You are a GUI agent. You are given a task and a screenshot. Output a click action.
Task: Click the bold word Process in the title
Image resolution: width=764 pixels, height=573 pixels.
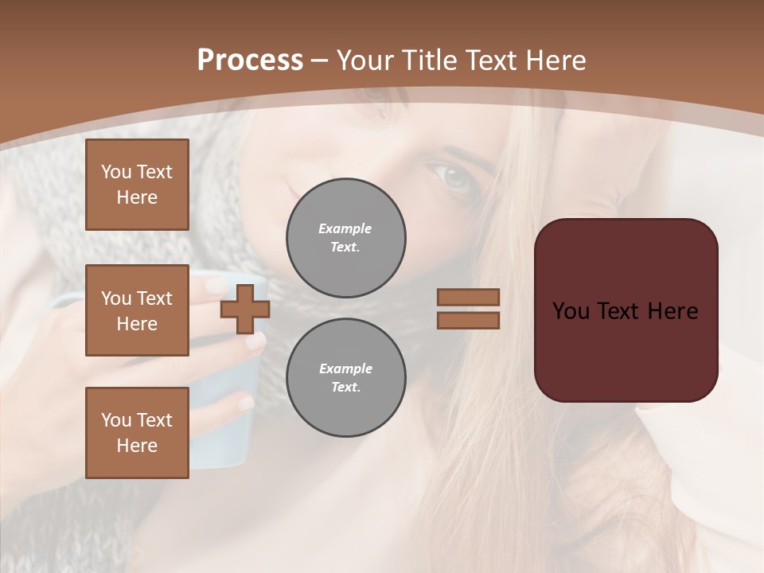[250, 60]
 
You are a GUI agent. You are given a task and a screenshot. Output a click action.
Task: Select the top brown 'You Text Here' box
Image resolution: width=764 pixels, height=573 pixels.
[137, 185]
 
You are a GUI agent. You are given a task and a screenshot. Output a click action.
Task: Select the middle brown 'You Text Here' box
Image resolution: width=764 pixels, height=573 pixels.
[137, 310]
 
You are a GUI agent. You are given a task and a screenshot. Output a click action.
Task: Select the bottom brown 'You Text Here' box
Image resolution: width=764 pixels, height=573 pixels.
[137, 433]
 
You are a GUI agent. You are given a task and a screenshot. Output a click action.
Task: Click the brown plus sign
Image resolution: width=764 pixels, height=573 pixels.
[245, 309]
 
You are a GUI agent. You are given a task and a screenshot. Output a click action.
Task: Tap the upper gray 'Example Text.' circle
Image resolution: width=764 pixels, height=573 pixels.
[346, 238]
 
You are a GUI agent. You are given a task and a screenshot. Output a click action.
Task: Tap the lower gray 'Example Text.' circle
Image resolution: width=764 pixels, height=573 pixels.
[346, 378]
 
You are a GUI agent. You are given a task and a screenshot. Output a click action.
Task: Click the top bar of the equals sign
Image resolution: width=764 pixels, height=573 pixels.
[469, 297]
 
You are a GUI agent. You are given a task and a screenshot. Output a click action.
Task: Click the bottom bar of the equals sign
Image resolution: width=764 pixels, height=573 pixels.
[469, 320]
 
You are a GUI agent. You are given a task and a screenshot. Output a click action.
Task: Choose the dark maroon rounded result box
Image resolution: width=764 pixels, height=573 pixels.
[626, 310]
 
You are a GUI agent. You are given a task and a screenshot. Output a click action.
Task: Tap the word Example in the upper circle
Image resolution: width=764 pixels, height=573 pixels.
[345, 228]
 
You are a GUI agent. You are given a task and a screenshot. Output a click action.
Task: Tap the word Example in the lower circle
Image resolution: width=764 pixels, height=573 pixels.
[345, 368]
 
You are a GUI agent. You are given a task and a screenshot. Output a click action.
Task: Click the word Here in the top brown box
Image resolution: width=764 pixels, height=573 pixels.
[137, 197]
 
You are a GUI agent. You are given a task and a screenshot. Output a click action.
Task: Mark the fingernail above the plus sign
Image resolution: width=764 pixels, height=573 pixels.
[216, 285]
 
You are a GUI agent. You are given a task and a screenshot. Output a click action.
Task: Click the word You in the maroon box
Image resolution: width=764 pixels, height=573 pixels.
[570, 311]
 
